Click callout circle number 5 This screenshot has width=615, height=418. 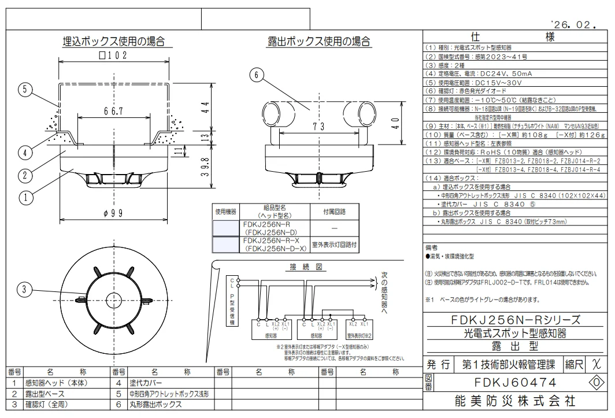pos(24,90)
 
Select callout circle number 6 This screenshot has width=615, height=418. pos(258,75)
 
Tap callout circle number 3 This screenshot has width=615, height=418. pos(24,290)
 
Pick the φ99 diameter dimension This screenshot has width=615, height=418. pos(113,213)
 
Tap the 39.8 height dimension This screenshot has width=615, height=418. pos(204,171)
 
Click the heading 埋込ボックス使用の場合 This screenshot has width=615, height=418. pos(113,42)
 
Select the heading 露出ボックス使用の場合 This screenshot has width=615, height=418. pos(319,42)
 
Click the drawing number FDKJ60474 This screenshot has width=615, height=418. pos(516,383)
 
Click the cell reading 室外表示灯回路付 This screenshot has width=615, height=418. pos(334,245)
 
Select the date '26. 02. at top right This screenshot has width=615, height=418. pos(573,25)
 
